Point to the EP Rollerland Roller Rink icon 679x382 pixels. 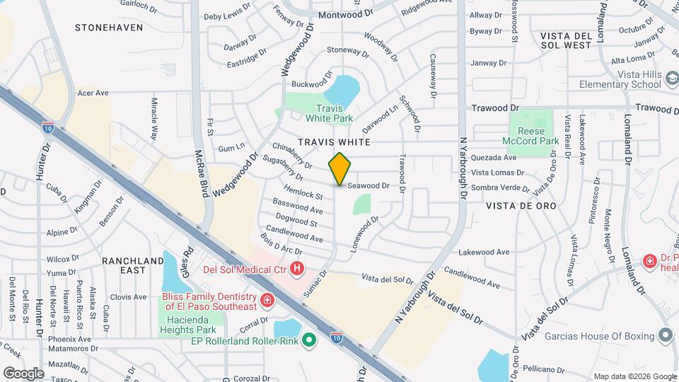[x=308, y=341]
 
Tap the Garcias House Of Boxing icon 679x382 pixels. [x=665, y=335]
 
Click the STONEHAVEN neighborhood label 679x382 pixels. [x=109, y=28]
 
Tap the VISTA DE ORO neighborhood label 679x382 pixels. [x=521, y=205]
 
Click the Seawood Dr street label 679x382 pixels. [x=368, y=185]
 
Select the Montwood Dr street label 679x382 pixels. [x=345, y=14]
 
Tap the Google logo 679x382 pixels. [x=23, y=373]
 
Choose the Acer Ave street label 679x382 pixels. [x=93, y=93]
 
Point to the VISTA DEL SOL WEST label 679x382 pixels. [x=565, y=40]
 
